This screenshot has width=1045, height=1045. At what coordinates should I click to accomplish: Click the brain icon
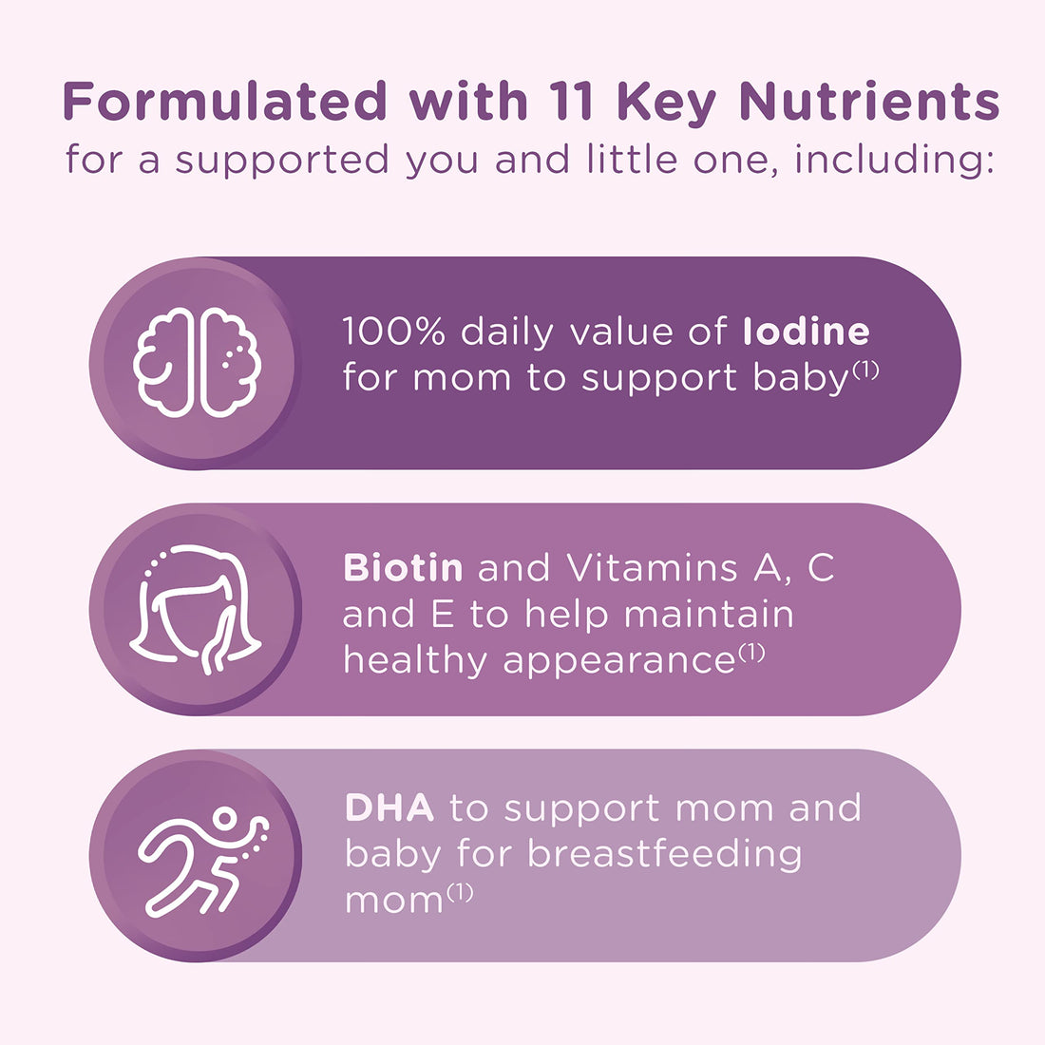(198, 362)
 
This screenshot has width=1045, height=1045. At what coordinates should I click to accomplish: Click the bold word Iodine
(807, 332)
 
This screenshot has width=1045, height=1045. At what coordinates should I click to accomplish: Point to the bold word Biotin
(403, 568)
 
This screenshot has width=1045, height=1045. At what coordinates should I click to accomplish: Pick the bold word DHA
(389, 807)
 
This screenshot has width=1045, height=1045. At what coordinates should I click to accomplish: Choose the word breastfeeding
(664, 853)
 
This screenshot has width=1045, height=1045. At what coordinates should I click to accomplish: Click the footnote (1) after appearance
(750, 653)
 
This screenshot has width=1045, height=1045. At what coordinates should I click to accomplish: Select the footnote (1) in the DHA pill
(459, 892)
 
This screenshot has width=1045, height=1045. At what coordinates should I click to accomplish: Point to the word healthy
(415, 659)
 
